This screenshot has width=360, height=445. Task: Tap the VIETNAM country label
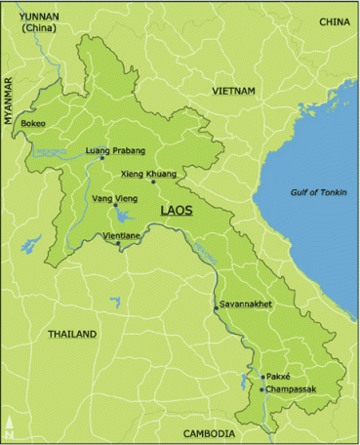pos(234,91)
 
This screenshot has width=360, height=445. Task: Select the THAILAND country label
pos(72,335)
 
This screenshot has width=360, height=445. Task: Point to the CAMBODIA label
pos(210,433)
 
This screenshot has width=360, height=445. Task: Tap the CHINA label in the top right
pos(334,21)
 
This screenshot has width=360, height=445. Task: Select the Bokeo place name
pos(34,124)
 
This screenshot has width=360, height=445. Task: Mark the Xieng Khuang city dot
pos(152,182)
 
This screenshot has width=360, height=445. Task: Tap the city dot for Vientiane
pos(119,243)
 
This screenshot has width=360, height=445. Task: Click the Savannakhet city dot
pos(217,308)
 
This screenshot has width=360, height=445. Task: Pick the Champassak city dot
pos(261,389)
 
